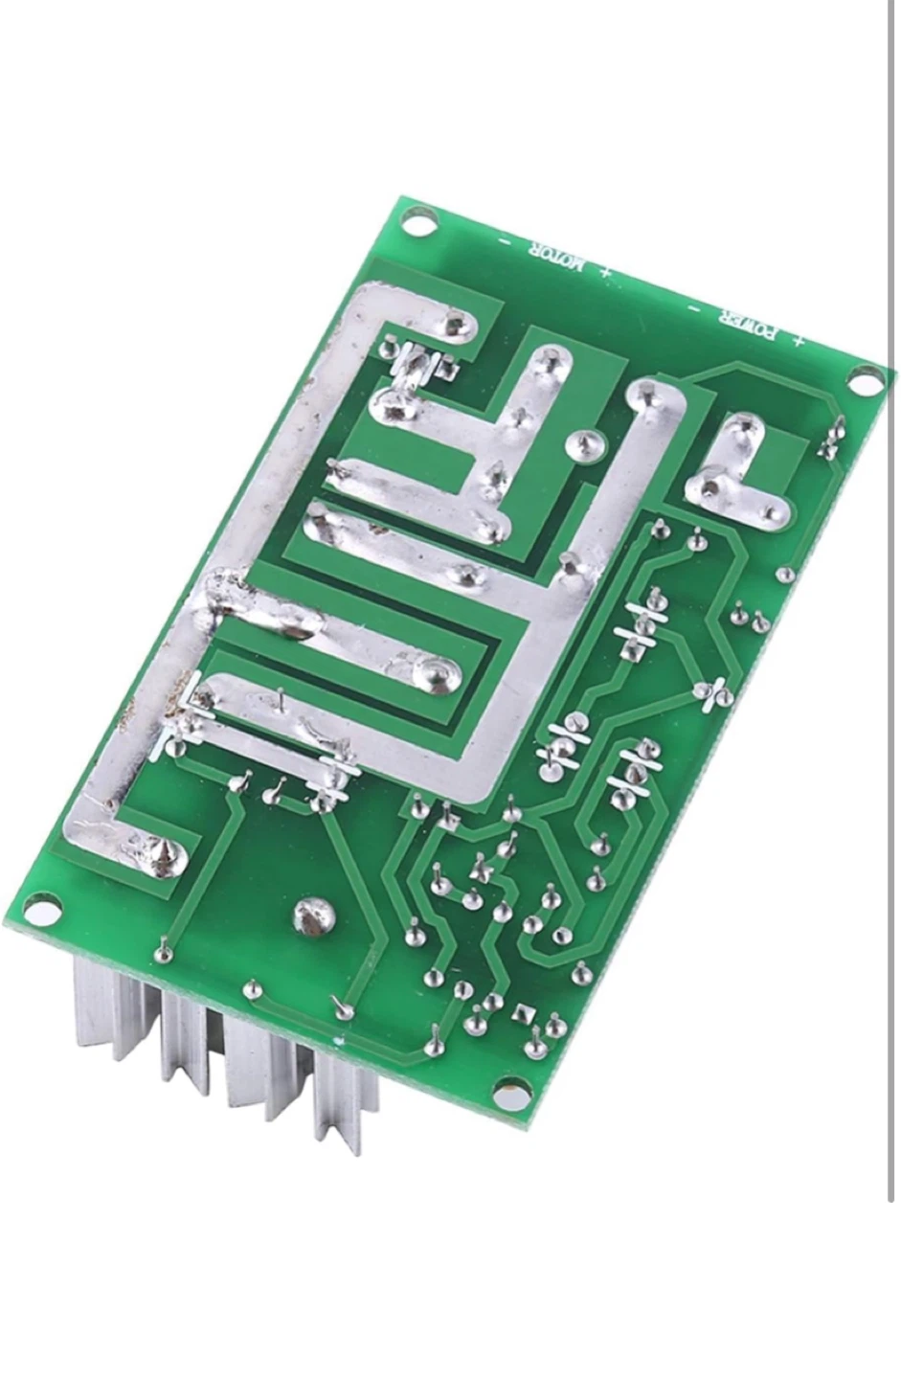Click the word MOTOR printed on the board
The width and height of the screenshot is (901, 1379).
[x=552, y=258]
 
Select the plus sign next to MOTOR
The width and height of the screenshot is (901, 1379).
[x=606, y=272]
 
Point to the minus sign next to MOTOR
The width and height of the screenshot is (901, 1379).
[x=507, y=242]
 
